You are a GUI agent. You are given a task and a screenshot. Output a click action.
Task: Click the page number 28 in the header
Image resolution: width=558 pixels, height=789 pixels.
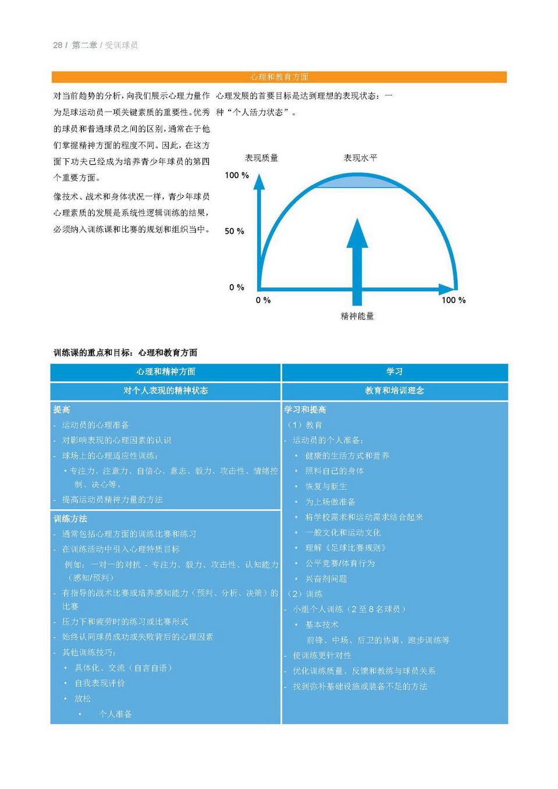point(58,45)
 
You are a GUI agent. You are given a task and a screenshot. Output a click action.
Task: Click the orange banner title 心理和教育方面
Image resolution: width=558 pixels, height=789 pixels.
point(279,77)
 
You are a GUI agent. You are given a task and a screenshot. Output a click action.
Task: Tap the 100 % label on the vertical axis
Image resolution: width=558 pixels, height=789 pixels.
point(237,175)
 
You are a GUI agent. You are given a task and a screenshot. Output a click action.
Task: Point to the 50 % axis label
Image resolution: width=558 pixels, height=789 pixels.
point(234,231)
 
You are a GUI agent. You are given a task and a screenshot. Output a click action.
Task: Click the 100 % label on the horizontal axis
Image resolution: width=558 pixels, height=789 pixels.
point(453,300)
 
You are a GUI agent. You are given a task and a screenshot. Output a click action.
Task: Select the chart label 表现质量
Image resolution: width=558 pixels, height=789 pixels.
point(261,158)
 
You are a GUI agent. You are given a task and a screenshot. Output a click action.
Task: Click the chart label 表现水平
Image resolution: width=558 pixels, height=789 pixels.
point(360,158)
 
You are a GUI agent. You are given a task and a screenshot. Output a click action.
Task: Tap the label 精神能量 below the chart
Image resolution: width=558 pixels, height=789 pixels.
point(357,316)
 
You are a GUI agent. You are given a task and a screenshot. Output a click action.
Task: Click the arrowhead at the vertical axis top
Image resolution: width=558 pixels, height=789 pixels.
point(260,182)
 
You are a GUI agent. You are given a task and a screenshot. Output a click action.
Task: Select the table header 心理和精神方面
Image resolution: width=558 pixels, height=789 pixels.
point(166,372)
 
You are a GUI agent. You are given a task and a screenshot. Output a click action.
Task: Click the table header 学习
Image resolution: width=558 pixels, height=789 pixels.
point(394,372)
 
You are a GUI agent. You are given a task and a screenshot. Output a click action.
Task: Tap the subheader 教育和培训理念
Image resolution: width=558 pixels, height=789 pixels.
point(394,390)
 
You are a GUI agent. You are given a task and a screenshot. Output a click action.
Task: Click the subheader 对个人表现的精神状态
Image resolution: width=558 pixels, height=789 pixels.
point(166,390)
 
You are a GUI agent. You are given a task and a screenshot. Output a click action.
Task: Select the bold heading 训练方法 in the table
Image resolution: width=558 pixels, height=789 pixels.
point(70,518)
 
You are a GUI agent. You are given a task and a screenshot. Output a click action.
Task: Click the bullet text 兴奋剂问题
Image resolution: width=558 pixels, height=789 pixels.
point(326,579)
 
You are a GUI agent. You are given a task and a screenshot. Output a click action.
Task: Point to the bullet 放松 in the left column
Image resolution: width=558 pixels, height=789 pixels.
point(83,698)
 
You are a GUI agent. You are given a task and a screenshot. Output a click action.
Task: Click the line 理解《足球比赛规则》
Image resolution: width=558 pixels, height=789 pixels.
point(346,548)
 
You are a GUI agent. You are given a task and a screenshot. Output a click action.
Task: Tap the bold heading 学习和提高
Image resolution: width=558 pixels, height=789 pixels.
point(305,410)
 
